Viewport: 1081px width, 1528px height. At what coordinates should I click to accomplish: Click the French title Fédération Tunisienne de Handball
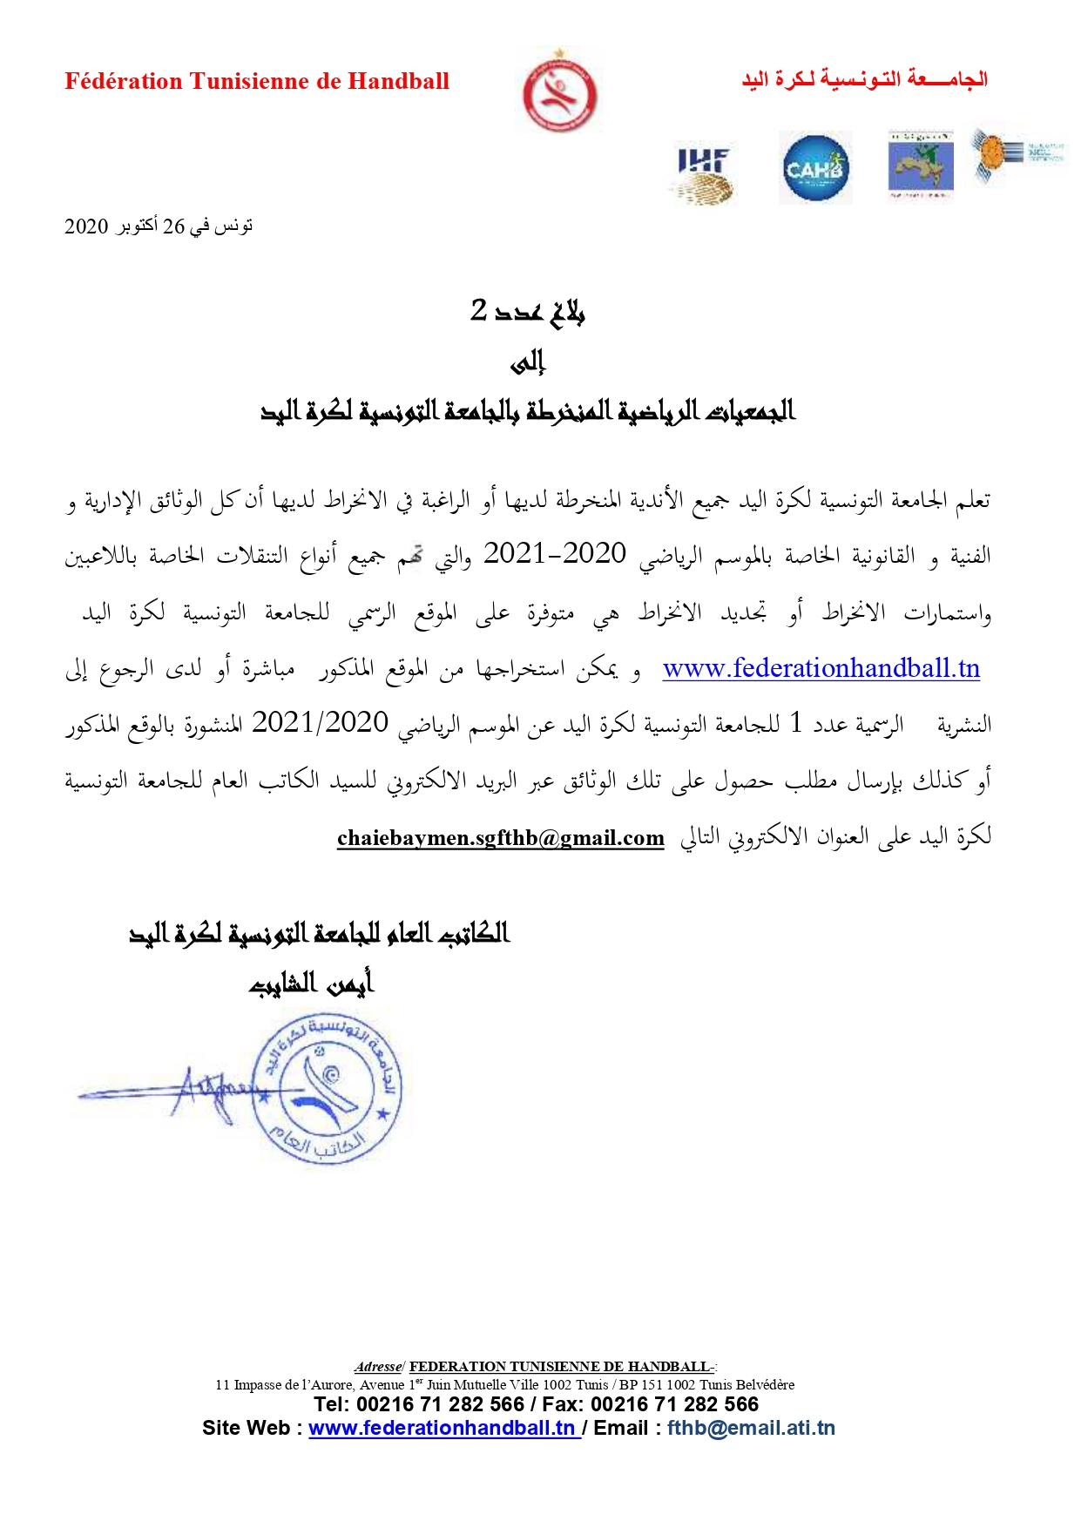pyautogui.click(x=257, y=81)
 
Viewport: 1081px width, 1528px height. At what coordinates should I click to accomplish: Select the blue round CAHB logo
pyautogui.click(x=814, y=168)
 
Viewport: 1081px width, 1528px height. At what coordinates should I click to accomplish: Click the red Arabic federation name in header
pyautogui.click(x=864, y=79)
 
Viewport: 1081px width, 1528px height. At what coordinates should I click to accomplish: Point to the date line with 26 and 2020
pyautogui.click(x=159, y=226)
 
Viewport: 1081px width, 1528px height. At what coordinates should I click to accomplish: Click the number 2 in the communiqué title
pyautogui.click(x=479, y=309)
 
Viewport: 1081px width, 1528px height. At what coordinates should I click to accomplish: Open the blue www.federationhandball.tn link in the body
pyautogui.click(x=821, y=668)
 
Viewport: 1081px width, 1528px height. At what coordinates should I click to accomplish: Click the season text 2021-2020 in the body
pyautogui.click(x=555, y=553)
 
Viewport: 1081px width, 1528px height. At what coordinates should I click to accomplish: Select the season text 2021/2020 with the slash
pyautogui.click(x=320, y=722)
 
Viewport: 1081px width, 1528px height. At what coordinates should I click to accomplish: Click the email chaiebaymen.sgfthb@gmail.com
pyautogui.click(x=500, y=838)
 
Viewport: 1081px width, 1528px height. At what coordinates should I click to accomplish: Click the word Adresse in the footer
pyautogui.click(x=378, y=1367)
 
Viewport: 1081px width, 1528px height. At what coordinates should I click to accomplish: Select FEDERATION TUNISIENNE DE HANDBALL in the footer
pyautogui.click(x=559, y=1367)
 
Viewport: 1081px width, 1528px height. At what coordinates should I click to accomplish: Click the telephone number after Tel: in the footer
pyautogui.click(x=441, y=1404)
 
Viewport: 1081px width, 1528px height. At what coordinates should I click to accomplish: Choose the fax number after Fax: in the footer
pyautogui.click(x=674, y=1404)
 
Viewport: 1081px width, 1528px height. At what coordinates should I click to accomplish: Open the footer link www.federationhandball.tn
pyautogui.click(x=443, y=1429)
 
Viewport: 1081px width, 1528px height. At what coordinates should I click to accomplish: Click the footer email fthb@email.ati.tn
pyautogui.click(x=751, y=1429)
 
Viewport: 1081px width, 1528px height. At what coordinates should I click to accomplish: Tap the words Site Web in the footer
pyautogui.click(x=247, y=1429)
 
